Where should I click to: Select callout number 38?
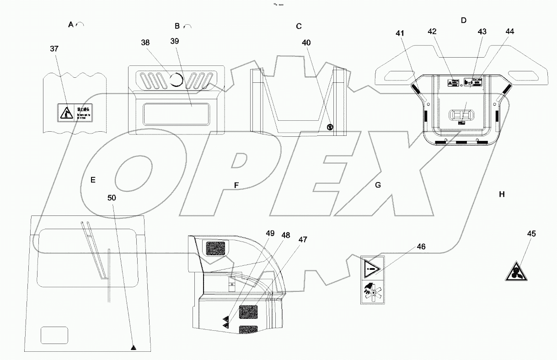pos(145,43)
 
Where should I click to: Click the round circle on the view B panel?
pos(177,81)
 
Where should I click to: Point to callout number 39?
pos(175,41)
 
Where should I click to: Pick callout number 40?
pos(306,43)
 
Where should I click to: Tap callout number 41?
pos(400,33)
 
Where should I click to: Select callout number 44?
pos(510,32)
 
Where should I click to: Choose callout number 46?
pos(421,246)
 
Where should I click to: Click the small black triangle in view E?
pos(133,348)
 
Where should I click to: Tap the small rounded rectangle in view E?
pos(54,335)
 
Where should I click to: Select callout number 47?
pos(303,239)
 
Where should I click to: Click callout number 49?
pos(270,233)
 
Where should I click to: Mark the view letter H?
pos(502,194)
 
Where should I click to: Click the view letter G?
pos(378,185)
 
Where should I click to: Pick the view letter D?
pos(463,21)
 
